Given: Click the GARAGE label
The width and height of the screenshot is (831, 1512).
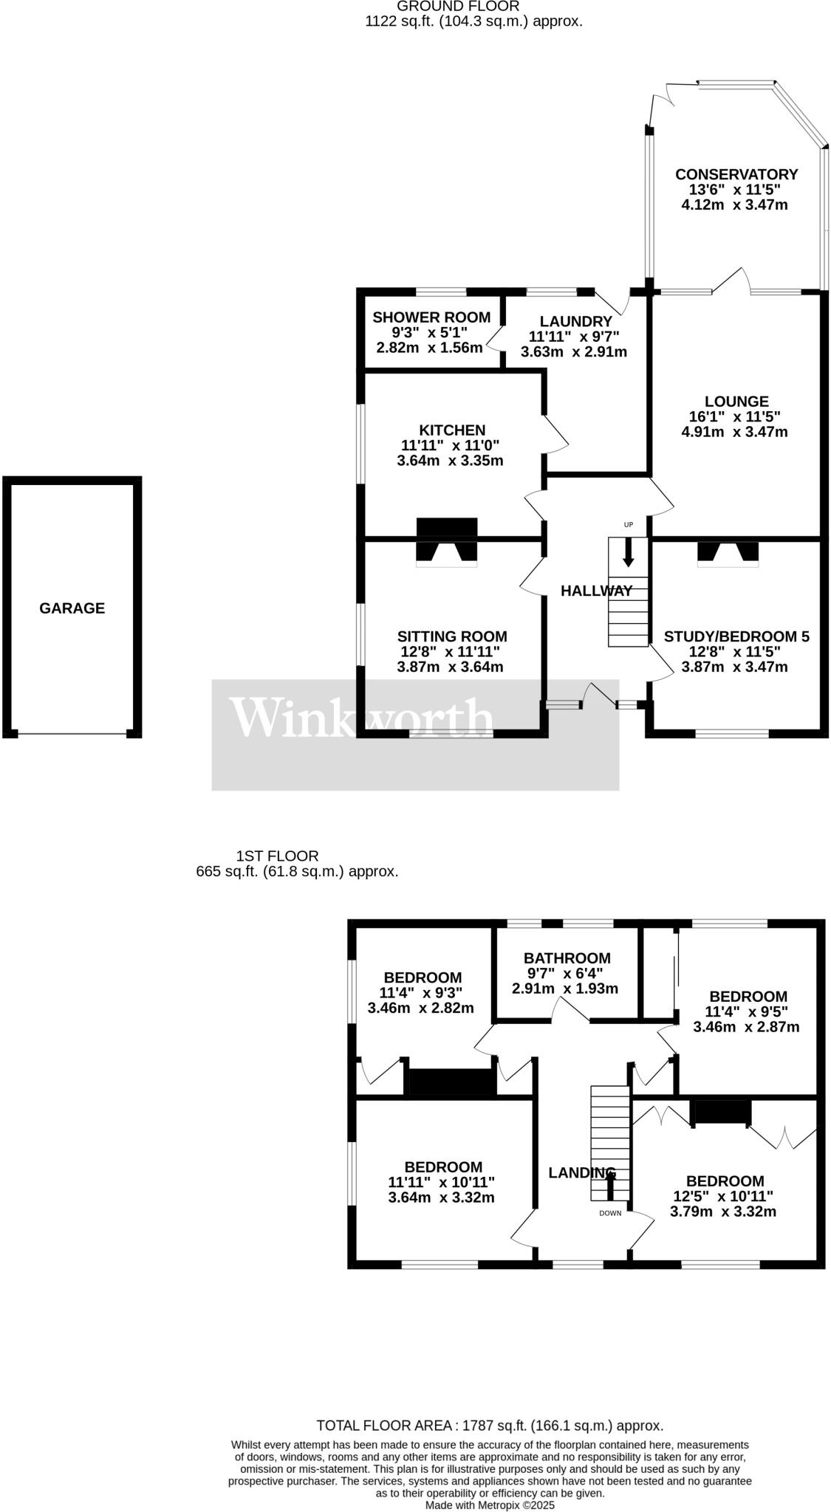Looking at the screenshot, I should [x=72, y=608].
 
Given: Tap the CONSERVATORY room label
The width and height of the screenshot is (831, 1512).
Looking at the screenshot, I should [x=736, y=174].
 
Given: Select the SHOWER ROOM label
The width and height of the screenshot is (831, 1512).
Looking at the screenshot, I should [x=431, y=317].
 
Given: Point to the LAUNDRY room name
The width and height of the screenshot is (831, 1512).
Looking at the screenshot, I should [x=575, y=321].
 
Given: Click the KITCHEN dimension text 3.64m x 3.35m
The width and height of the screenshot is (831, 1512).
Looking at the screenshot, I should [x=450, y=461].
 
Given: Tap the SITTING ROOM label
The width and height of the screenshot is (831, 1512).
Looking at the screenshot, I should [x=452, y=636].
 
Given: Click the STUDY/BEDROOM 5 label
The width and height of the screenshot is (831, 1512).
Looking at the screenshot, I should [x=736, y=636].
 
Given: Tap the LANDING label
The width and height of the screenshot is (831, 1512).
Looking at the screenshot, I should [x=581, y=1172].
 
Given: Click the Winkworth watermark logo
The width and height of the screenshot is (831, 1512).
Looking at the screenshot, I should [x=362, y=717].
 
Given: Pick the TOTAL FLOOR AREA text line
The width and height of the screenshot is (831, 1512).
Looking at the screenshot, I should [x=490, y=1426].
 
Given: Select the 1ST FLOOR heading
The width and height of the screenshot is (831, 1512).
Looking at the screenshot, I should [x=277, y=856].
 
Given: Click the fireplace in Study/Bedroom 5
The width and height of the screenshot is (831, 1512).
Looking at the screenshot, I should [x=728, y=554].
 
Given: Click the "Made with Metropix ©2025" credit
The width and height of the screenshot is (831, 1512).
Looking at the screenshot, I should [x=490, y=1505].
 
